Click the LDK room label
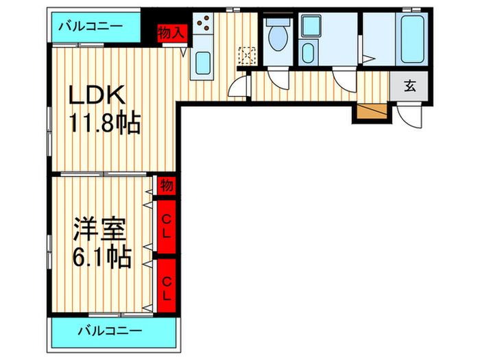(97, 95)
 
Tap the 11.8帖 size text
(105, 122)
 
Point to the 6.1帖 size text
(102, 256)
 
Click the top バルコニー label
(91, 26)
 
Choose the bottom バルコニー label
(110, 331)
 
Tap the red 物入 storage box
(172, 33)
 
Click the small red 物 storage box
(167, 186)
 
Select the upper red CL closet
(167, 226)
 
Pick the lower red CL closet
(167, 286)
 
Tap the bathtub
(412, 39)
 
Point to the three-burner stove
(203, 23)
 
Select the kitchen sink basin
(203, 63)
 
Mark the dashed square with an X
(247, 56)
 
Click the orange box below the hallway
(372, 111)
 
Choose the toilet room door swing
(278, 79)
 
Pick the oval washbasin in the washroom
(308, 53)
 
